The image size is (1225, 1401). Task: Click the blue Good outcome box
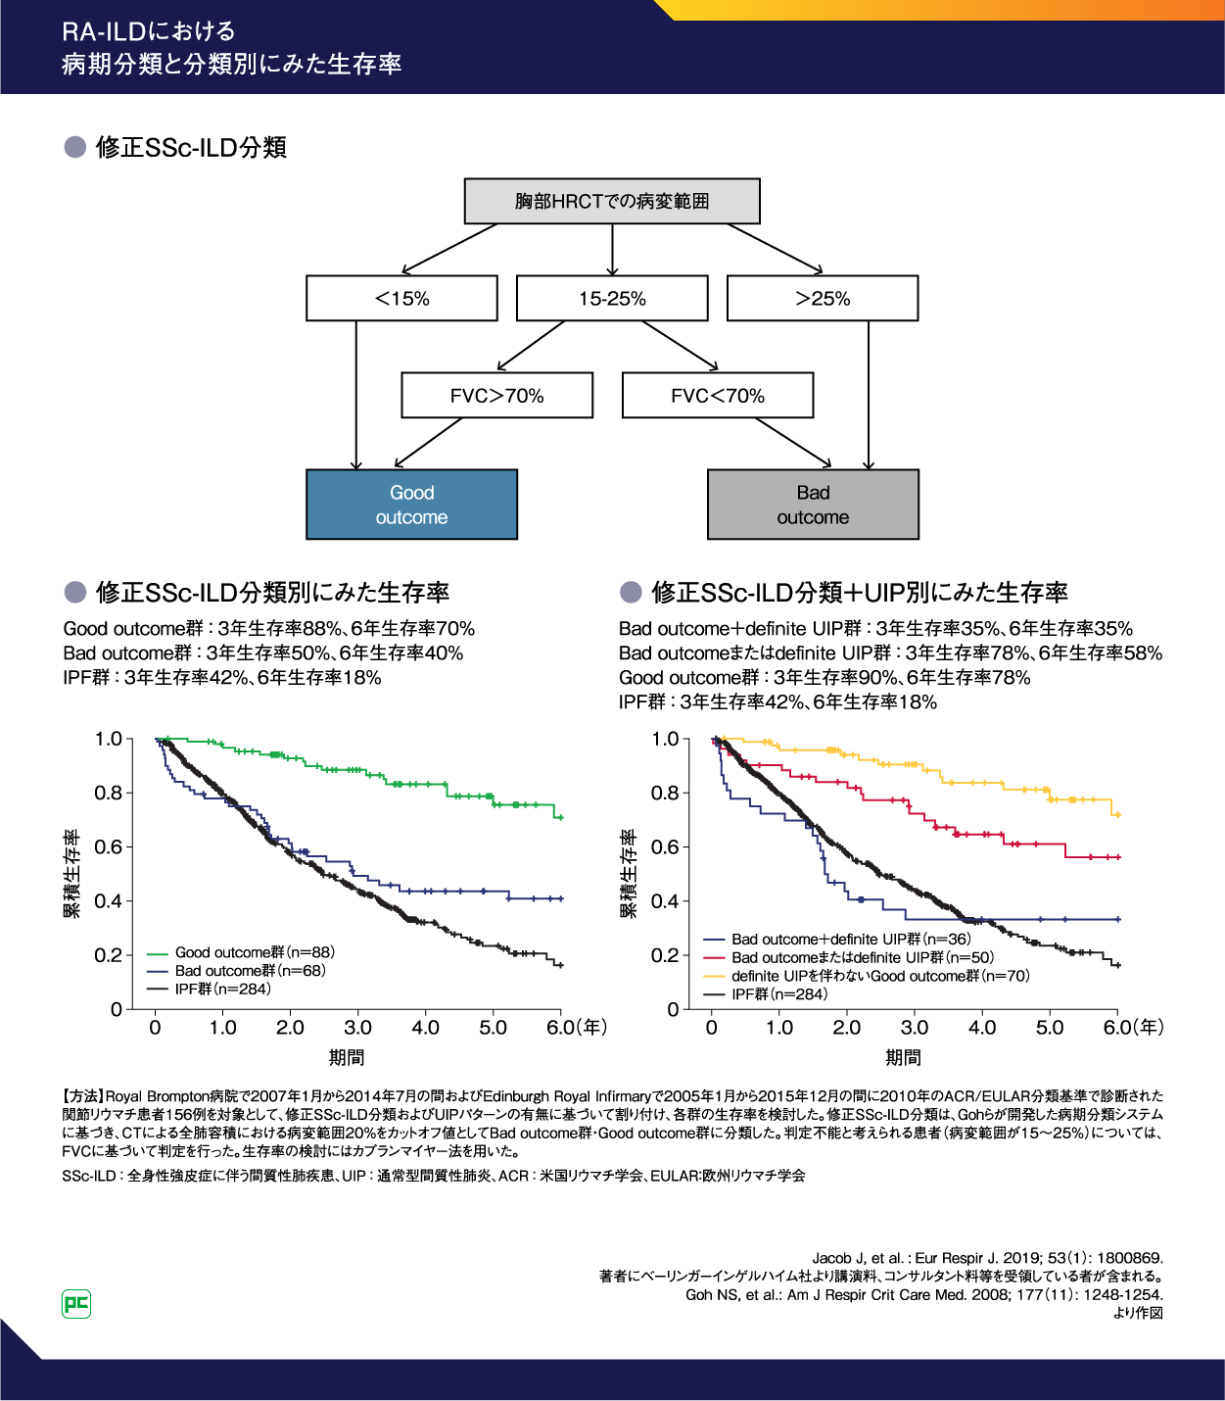(x=411, y=505)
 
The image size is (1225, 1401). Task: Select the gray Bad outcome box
(x=813, y=505)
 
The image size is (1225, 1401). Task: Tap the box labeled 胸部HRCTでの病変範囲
(x=612, y=202)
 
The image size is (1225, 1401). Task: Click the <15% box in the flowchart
(x=401, y=299)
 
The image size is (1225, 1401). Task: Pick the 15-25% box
(x=612, y=299)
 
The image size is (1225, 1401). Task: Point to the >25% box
(x=823, y=299)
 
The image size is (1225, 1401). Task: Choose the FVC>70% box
(x=496, y=396)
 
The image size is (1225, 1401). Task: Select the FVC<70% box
(x=718, y=396)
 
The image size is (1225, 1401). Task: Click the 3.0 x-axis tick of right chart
(x=915, y=1028)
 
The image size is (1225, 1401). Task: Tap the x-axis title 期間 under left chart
(x=347, y=1058)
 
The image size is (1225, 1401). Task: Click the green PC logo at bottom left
(x=76, y=1304)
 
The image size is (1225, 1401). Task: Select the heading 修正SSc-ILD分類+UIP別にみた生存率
(x=859, y=593)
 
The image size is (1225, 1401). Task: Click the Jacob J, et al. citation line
(x=987, y=1258)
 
